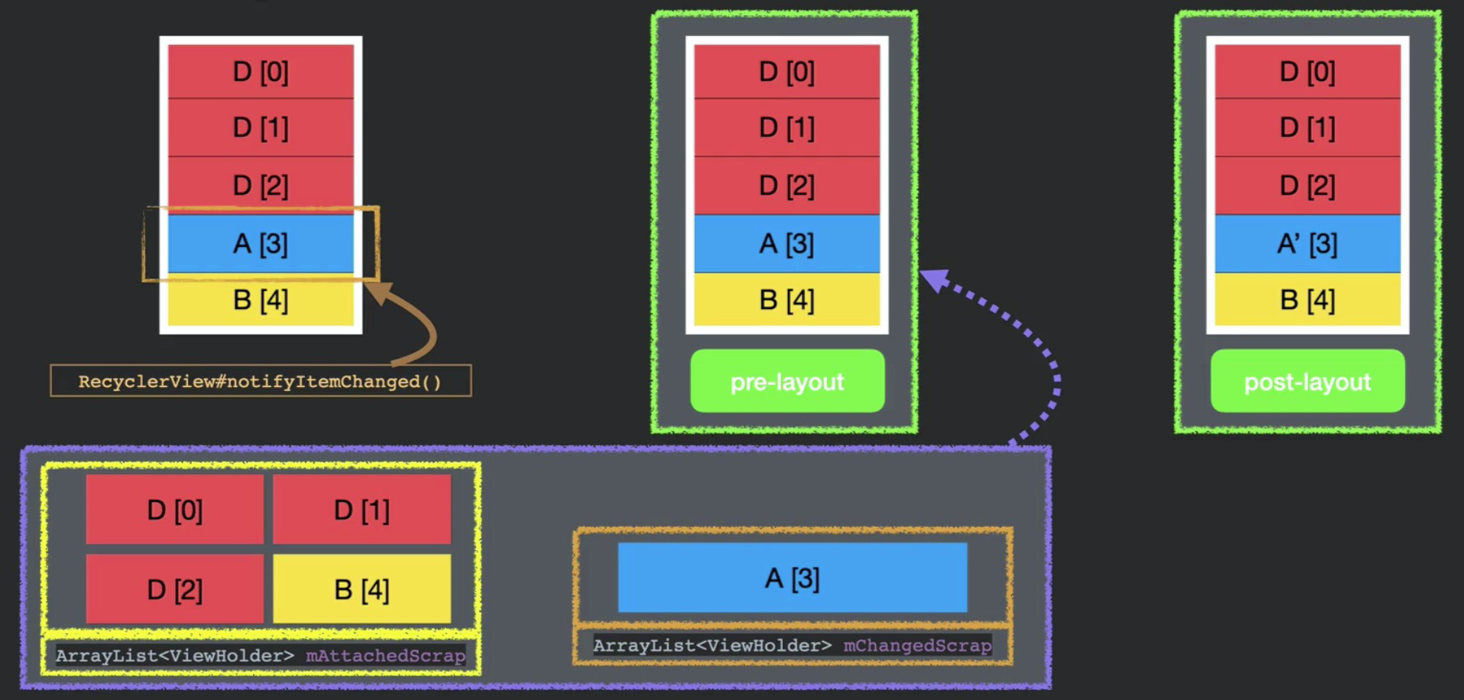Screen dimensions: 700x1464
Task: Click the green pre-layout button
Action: [x=787, y=381]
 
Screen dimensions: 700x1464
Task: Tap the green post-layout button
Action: [x=1307, y=381]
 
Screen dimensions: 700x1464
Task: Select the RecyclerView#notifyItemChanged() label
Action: [x=260, y=381]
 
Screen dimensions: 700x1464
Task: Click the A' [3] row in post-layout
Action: [x=1307, y=244]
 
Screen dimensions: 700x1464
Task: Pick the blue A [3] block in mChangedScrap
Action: [x=792, y=578]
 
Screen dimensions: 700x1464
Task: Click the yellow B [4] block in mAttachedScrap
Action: [x=362, y=589]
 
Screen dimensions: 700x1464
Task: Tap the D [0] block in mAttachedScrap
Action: [x=175, y=510]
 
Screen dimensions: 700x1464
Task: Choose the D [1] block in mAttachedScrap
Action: [x=362, y=510]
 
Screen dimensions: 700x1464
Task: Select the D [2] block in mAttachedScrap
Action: [x=175, y=589]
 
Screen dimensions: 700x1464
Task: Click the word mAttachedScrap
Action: [x=385, y=655]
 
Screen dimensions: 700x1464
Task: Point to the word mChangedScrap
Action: [x=917, y=646]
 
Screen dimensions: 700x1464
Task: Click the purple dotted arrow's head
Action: [x=932, y=279]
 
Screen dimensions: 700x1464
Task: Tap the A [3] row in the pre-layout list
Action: [x=786, y=244]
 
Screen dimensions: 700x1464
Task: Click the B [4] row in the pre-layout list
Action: [x=786, y=300]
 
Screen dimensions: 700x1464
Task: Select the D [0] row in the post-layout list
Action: [x=1307, y=72]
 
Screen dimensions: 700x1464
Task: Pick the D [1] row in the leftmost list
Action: [x=260, y=127]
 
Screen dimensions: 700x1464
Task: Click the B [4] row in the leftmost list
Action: [x=260, y=300]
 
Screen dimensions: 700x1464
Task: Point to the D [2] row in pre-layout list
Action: [x=786, y=186]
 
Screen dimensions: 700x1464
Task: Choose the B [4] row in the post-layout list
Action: [x=1307, y=300]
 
